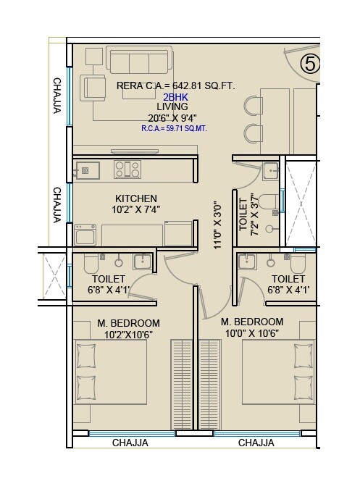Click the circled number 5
point(310,64)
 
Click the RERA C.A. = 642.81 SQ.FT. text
point(176,85)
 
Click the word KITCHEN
point(136,198)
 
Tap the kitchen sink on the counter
point(90,170)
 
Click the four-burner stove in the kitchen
point(127,170)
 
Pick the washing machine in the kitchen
point(85,235)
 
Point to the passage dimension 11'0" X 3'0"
point(216,225)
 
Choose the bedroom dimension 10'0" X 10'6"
point(252,333)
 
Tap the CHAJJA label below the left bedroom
point(130,443)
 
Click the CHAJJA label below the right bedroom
point(256,443)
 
